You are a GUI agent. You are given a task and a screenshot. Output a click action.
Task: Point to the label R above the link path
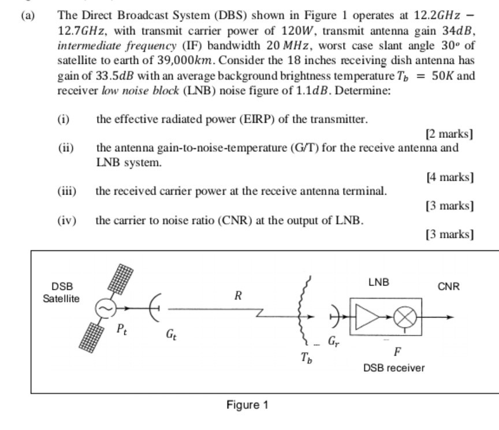pos(237,296)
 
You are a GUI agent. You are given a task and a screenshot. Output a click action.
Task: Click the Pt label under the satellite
pos(121,330)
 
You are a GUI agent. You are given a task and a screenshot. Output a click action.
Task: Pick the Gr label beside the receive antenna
pos(334,341)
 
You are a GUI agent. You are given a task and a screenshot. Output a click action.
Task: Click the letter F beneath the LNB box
pos(397,352)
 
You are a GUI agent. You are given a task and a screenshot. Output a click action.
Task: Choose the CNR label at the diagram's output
pos(448,286)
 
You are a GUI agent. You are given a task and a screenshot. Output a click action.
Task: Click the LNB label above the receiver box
pos(378,282)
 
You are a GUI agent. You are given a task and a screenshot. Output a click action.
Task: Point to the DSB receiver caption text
pos(394,368)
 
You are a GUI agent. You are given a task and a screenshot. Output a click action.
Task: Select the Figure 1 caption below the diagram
pos(247,405)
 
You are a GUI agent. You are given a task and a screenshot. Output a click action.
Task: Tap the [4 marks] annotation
pos(450,177)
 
